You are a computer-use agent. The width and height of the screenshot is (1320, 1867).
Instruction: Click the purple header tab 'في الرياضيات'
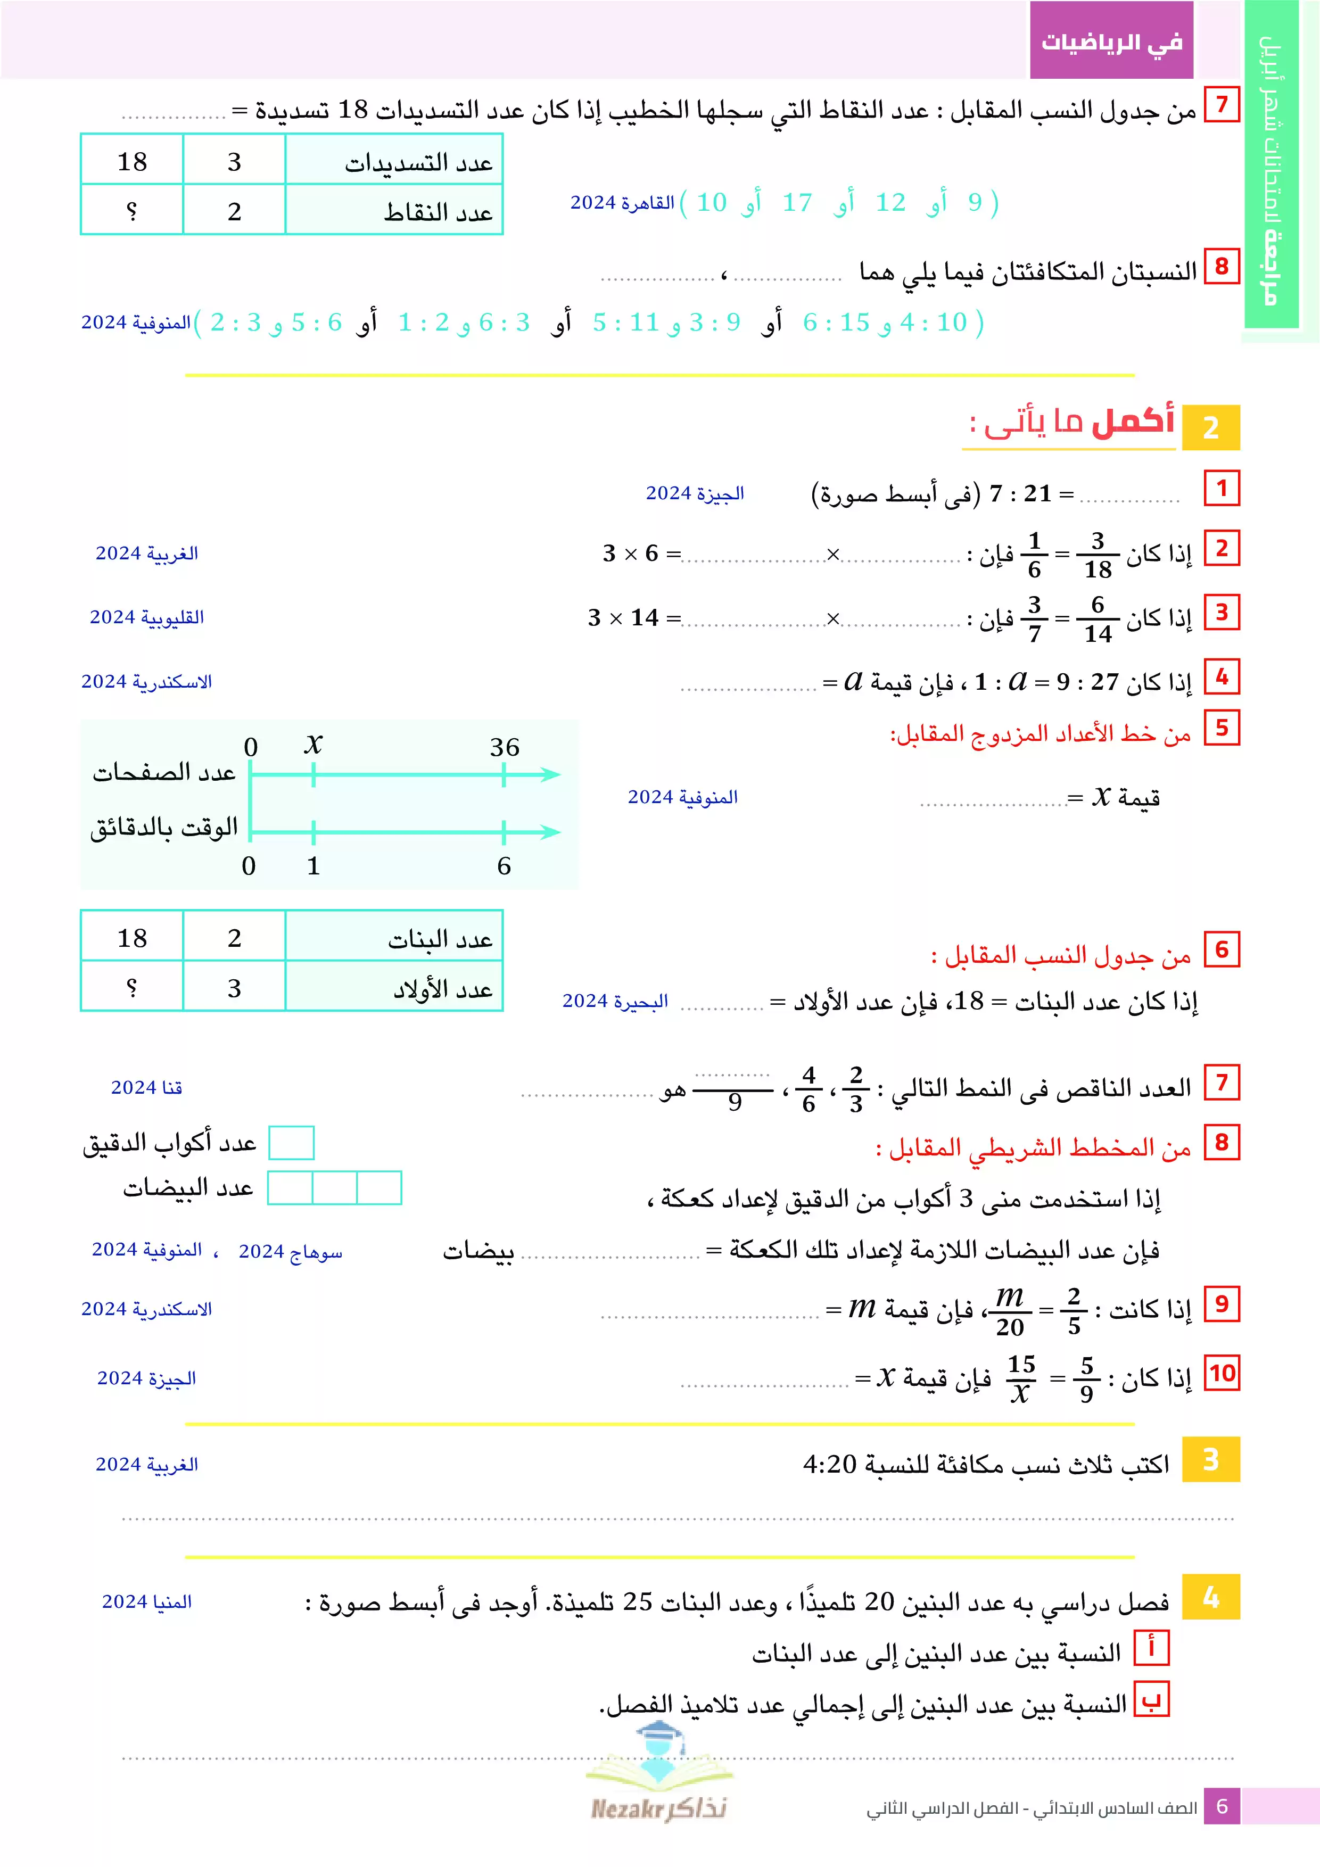point(1111,40)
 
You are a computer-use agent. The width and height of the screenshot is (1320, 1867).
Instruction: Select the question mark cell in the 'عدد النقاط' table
point(132,211)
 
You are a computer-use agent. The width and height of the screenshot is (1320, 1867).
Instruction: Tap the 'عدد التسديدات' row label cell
point(394,161)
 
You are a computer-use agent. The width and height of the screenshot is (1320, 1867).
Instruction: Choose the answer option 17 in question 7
point(797,202)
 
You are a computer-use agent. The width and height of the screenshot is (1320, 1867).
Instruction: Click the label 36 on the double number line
point(504,747)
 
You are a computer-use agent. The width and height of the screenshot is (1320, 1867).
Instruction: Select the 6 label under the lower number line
point(504,866)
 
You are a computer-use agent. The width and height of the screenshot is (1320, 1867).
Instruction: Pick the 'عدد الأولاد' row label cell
point(394,988)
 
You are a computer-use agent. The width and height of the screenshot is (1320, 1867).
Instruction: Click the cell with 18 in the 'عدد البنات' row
point(132,938)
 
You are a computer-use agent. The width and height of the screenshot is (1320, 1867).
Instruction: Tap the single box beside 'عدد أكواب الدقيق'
point(291,1143)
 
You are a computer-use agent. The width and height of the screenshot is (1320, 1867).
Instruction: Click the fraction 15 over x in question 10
point(1021,1379)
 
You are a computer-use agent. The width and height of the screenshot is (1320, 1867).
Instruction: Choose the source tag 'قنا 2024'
point(146,1088)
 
